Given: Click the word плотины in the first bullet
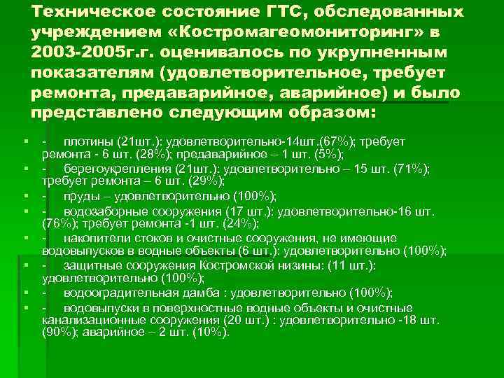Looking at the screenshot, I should coord(88,142).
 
